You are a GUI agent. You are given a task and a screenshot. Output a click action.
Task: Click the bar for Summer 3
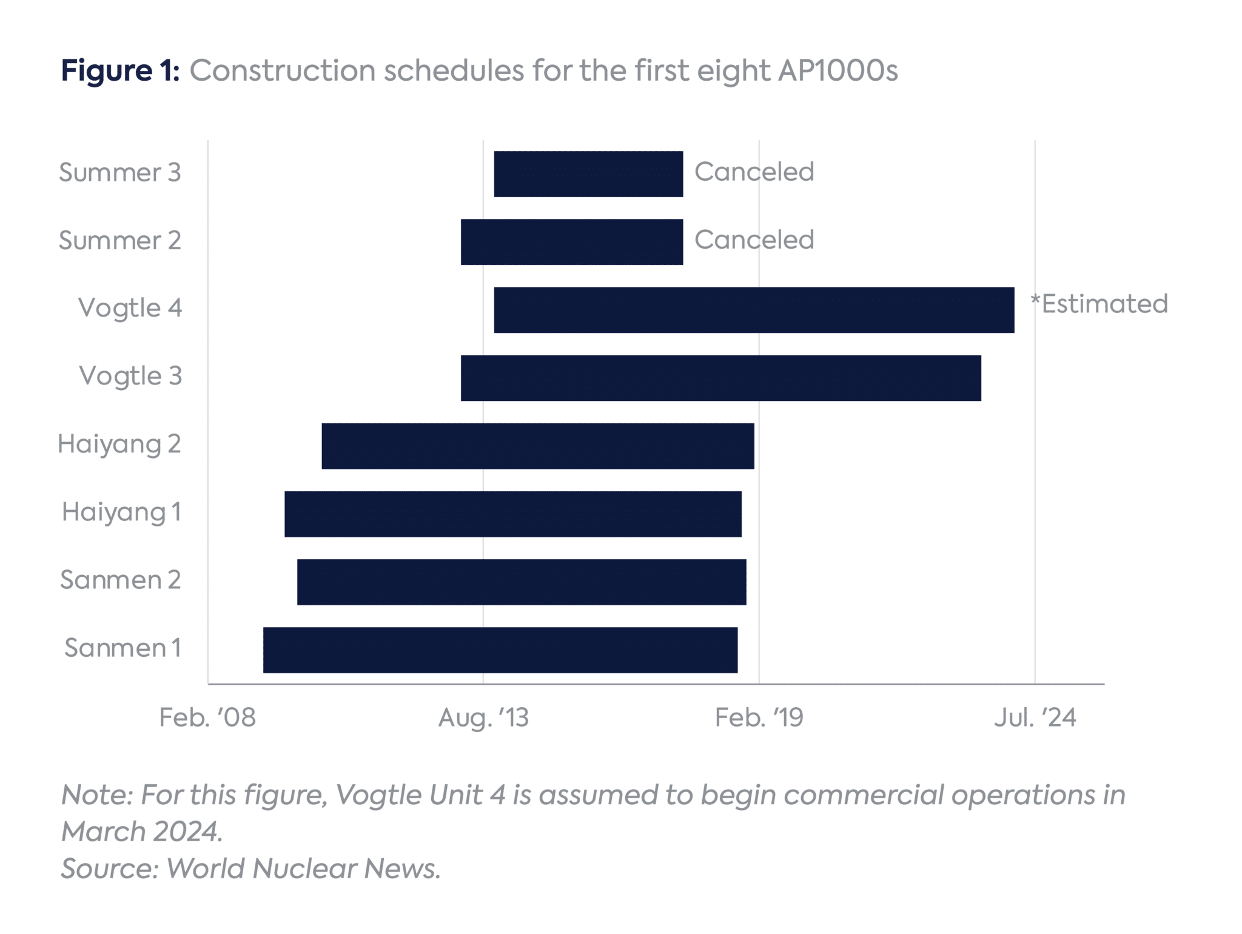click(x=588, y=174)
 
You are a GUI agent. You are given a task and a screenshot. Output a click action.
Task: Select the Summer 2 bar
click(x=572, y=242)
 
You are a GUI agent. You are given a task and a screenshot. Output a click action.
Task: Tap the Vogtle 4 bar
click(x=754, y=310)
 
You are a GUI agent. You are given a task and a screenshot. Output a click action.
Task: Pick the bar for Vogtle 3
click(x=720, y=378)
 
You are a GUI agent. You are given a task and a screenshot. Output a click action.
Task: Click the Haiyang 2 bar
click(x=538, y=446)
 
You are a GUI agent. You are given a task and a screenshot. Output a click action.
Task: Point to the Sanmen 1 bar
click(x=500, y=650)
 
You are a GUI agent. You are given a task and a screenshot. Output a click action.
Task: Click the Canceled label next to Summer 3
click(x=754, y=172)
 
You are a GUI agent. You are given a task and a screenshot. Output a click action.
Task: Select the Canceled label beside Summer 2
click(x=754, y=240)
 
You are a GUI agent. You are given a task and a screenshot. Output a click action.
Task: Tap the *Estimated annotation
click(x=1099, y=304)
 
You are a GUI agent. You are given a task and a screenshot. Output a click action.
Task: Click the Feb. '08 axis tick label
click(x=207, y=717)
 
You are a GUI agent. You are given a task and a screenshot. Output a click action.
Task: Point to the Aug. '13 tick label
click(x=483, y=717)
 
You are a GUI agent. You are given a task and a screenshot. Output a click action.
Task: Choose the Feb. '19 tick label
click(x=759, y=717)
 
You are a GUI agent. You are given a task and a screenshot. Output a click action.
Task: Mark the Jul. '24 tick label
click(x=1035, y=717)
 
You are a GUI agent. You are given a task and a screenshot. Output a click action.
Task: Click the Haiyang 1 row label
click(x=121, y=512)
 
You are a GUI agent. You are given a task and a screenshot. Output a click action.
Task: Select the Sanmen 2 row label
click(x=120, y=580)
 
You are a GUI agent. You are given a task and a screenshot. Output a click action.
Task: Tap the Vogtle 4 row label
click(x=130, y=308)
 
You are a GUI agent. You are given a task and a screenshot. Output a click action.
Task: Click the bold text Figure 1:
click(x=120, y=70)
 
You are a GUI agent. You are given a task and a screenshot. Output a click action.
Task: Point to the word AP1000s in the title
click(x=838, y=70)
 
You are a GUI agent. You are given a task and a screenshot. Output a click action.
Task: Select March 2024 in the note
click(x=141, y=832)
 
